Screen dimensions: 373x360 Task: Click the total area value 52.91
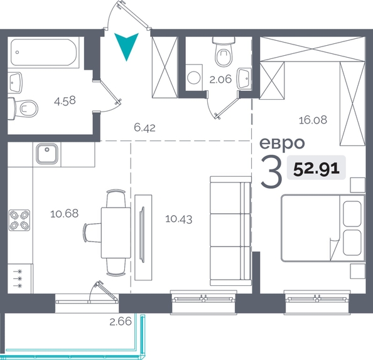pyautogui.click(x=316, y=168)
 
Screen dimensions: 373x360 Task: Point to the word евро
pyautogui.click(x=282, y=143)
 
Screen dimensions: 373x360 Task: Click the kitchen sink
pyautogui.click(x=47, y=154)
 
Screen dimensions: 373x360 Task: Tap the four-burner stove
pyautogui.click(x=19, y=220)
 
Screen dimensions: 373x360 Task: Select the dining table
pyautogui.click(x=116, y=233)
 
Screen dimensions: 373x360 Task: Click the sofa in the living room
pyautogui.click(x=230, y=231)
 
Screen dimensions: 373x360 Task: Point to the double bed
pyautogui.click(x=323, y=228)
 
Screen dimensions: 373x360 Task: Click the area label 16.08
pyautogui.click(x=313, y=120)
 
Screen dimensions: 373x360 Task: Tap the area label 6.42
pyautogui.click(x=144, y=127)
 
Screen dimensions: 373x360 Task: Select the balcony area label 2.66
pyautogui.click(x=121, y=322)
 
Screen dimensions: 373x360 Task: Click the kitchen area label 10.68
pyautogui.click(x=64, y=214)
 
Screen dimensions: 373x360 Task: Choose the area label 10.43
pyautogui.click(x=178, y=219)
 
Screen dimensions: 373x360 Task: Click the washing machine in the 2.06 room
pyautogui.click(x=194, y=77)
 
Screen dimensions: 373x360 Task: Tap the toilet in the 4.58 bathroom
pyautogui.click(x=23, y=109)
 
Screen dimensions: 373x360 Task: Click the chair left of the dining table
pyautogui.click(x=93, y=233)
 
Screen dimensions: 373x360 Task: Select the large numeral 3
pyautogui.click(x=271, y=171)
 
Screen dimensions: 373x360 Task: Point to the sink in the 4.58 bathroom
pyautogui.click(x=15, y=82)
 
